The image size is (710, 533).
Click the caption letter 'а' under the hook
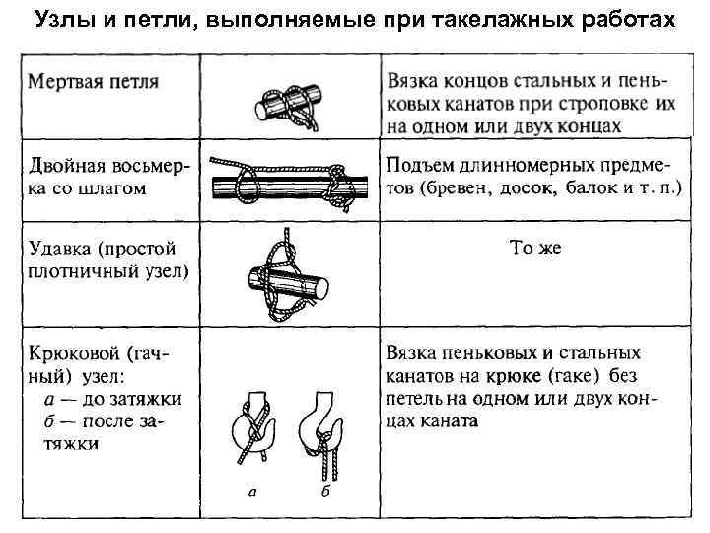252,491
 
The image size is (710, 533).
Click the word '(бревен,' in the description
458,188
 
